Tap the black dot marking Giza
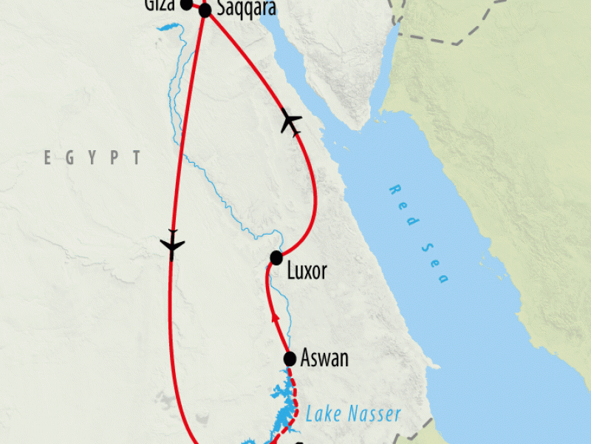click(x=187, y=4)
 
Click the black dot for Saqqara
click(x=205, y=10)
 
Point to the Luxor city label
click(x=306, y=271)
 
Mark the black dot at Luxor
click(x=276, y=258)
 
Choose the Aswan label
click(x=324, y=359)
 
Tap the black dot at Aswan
click(x=290, y=359)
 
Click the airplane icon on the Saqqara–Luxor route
click(x=291, y=122)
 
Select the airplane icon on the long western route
click(x=171, y=245)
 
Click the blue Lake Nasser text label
click(x=353, y=413)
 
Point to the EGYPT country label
click(x=92, y=158)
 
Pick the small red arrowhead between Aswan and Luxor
click(x=275, y=317)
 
